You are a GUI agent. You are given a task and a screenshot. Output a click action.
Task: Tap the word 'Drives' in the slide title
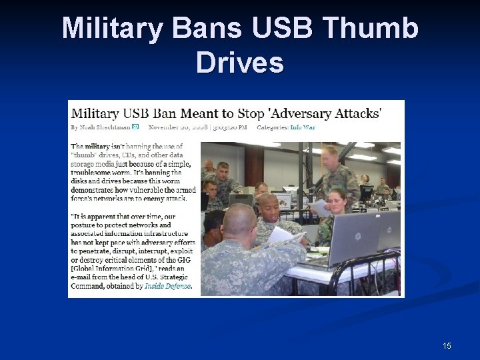coord(240,63)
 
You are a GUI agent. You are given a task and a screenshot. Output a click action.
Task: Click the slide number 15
coord(447,345)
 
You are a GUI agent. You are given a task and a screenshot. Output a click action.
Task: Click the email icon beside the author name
coord(135,127)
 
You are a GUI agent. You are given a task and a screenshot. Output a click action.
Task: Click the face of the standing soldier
coord(329,157)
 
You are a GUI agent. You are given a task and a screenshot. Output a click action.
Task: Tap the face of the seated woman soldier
coord(337,199)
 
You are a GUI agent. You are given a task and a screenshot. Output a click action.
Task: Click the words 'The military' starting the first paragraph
coord(90,145)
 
